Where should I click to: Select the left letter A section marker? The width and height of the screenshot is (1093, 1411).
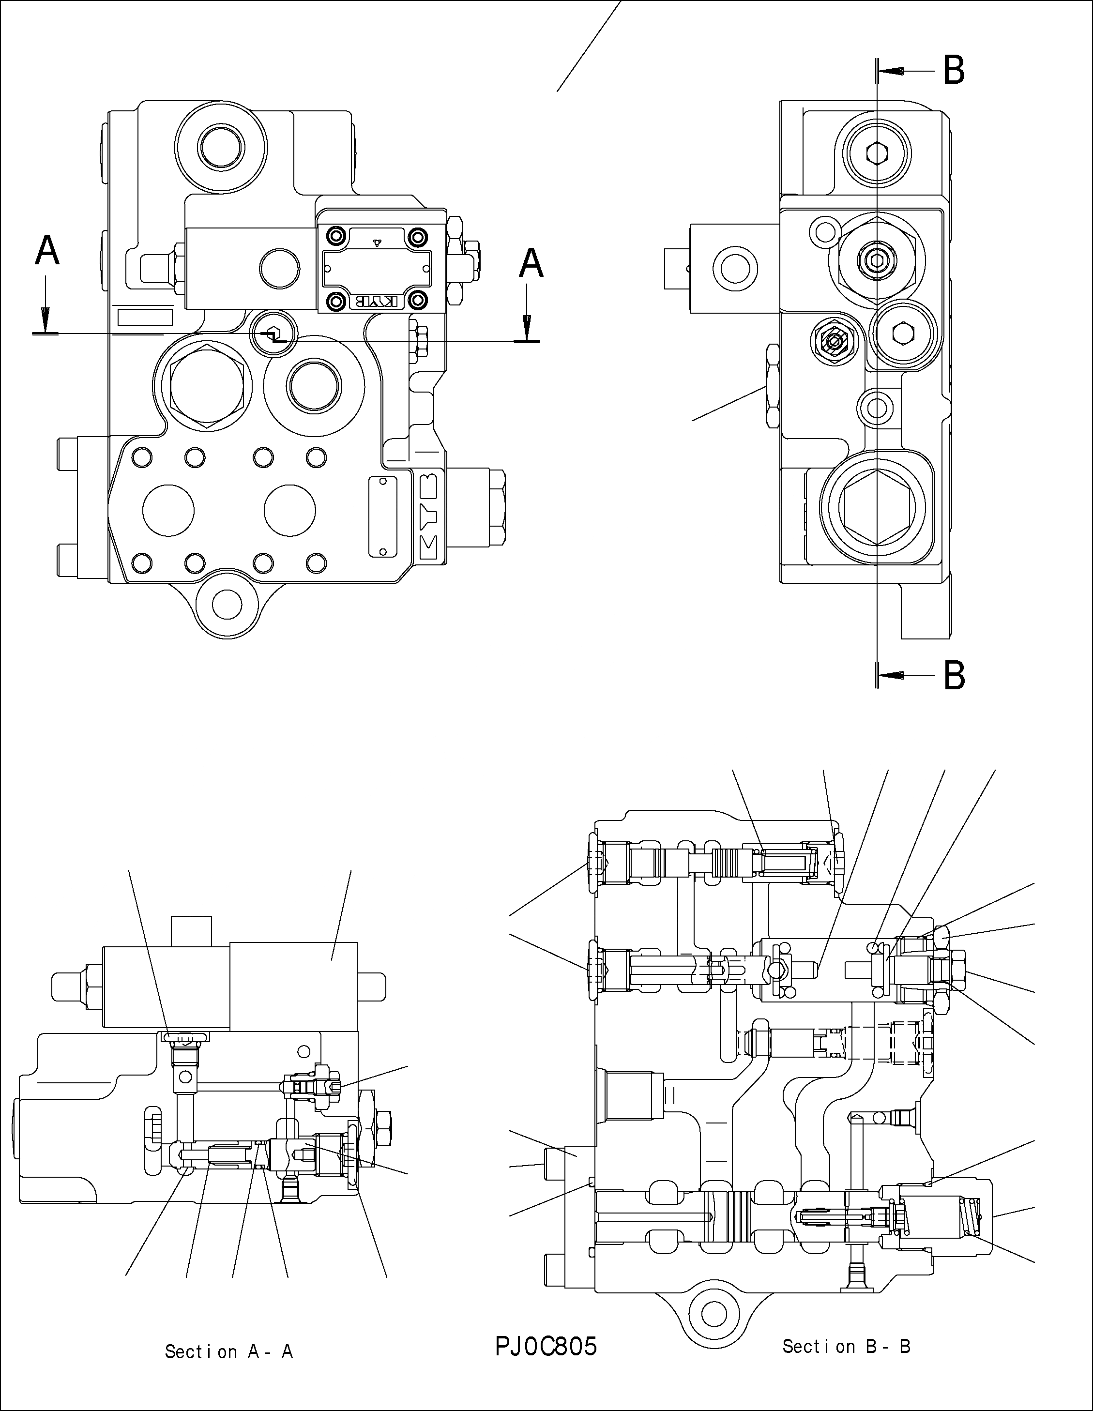pos(47,252)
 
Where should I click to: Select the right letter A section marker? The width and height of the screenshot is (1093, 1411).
pos(531,264)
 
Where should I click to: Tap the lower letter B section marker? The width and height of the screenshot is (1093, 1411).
pos(954,676)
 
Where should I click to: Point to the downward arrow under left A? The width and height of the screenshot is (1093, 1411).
pos(45,317)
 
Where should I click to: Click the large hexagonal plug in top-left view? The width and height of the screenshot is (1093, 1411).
pos(206,387)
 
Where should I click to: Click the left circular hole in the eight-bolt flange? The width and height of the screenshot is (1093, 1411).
pos(168,510)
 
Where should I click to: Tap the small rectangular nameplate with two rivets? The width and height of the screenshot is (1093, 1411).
pos(382,517)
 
